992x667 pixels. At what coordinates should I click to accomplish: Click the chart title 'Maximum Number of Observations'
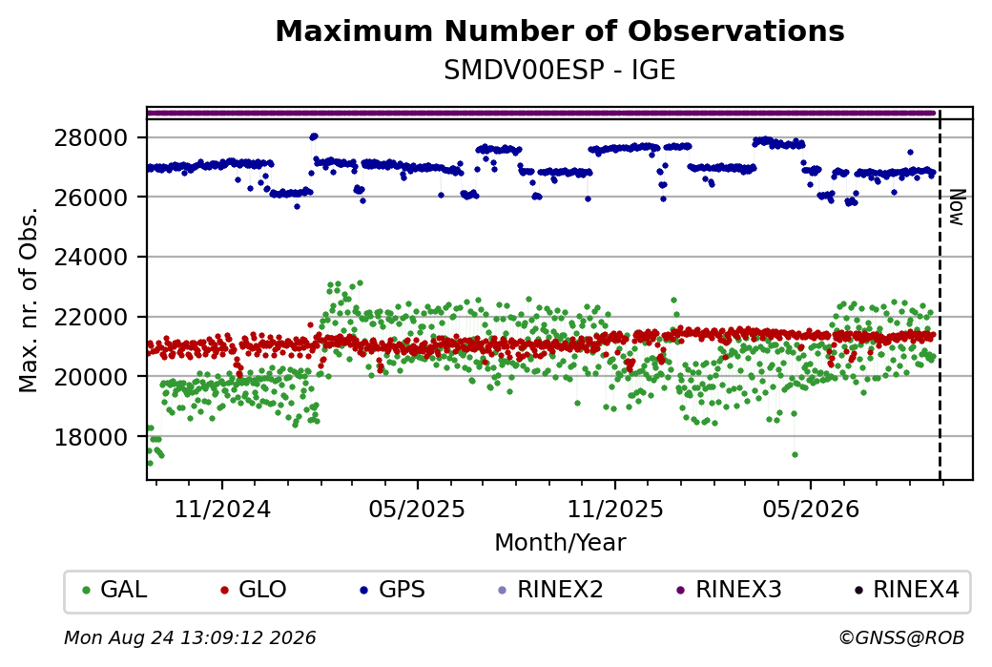point(560,31)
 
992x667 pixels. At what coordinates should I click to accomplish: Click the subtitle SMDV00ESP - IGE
point(560,71)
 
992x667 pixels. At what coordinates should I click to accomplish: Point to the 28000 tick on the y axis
point(91,137)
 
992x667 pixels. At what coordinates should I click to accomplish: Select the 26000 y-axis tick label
point(91,198)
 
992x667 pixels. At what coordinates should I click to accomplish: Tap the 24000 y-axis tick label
point(91,257)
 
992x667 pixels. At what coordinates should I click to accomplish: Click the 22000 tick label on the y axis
point(91,317)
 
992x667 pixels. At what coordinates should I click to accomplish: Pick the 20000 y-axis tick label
point(91,377)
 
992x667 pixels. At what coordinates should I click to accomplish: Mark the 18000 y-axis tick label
point(91,437)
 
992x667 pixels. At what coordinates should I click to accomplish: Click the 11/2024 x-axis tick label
point(222,510)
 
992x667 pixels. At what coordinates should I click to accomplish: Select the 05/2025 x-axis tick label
point(417,510)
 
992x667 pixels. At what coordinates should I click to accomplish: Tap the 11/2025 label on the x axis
point(615,510)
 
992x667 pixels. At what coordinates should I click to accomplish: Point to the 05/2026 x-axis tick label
point(811,510)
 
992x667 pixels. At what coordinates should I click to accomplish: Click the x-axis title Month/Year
point(560,543)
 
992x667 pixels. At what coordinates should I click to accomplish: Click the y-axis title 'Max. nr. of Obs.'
point(29,300)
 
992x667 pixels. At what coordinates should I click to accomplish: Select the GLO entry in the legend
point(253,590)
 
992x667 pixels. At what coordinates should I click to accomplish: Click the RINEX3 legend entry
point(730,590)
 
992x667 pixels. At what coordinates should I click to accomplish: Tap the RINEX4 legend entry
point(906,590)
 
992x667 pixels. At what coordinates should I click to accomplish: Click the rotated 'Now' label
point(957,208)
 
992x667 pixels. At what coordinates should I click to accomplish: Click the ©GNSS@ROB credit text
point(901,637)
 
